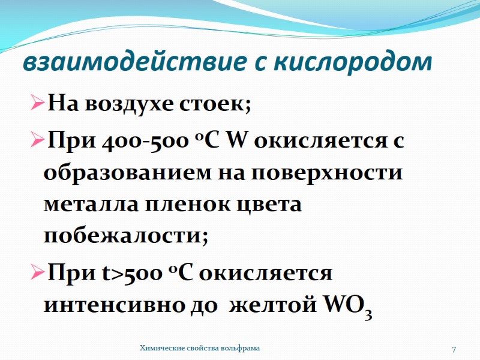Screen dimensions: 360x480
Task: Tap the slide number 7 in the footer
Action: tap(454, 349)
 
